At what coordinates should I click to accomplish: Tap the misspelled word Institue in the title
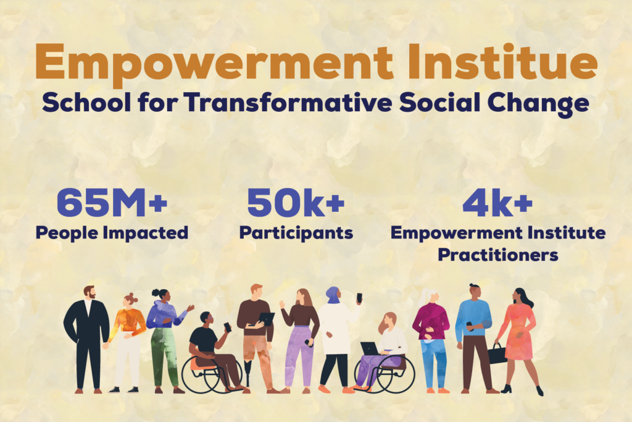[502, 61]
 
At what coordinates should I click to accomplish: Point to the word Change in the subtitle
[538, 104]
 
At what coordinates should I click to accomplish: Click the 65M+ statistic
[112, 202]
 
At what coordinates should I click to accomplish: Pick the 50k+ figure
[296, 202]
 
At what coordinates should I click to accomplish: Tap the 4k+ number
[498, 202]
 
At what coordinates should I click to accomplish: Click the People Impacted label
[112, 233]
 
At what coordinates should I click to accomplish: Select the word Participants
[296, 233]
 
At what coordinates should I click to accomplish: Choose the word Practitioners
[498, 255]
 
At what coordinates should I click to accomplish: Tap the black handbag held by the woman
[497, 353]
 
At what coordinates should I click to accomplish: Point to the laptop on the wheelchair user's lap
[370, 348]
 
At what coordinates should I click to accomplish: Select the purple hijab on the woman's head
[333, 295]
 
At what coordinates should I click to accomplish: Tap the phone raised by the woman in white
[359, 298]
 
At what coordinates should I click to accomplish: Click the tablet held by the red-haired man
[266, 319]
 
